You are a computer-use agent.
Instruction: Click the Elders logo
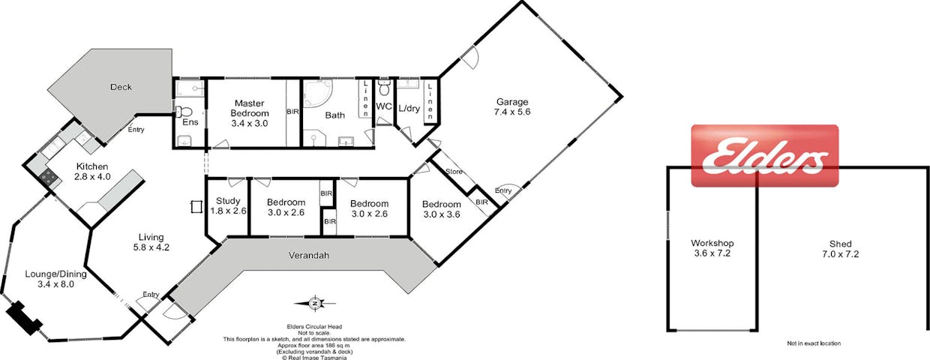click(765, 156)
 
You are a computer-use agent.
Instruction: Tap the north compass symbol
click(315, 304)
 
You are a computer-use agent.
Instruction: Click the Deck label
click(121, 87)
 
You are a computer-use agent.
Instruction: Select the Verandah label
click(309, 255)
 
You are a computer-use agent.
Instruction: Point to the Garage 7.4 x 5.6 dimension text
click(512, 112)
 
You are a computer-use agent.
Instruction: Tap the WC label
click(384, 106)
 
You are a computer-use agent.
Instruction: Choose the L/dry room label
click(409, 109)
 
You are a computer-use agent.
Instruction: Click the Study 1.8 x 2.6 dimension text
click(228, 211)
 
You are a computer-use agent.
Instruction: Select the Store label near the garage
click(454, 171)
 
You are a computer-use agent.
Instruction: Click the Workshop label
click(712, 243)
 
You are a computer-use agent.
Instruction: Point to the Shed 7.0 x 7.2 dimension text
click(840, 254)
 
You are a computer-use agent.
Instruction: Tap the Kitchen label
click(92, 166)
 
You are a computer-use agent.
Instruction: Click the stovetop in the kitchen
click(49, 177)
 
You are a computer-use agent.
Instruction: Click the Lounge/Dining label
click(55, 274)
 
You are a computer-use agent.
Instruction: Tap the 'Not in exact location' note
click(814, 343)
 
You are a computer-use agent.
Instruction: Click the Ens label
click(190, 122)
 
